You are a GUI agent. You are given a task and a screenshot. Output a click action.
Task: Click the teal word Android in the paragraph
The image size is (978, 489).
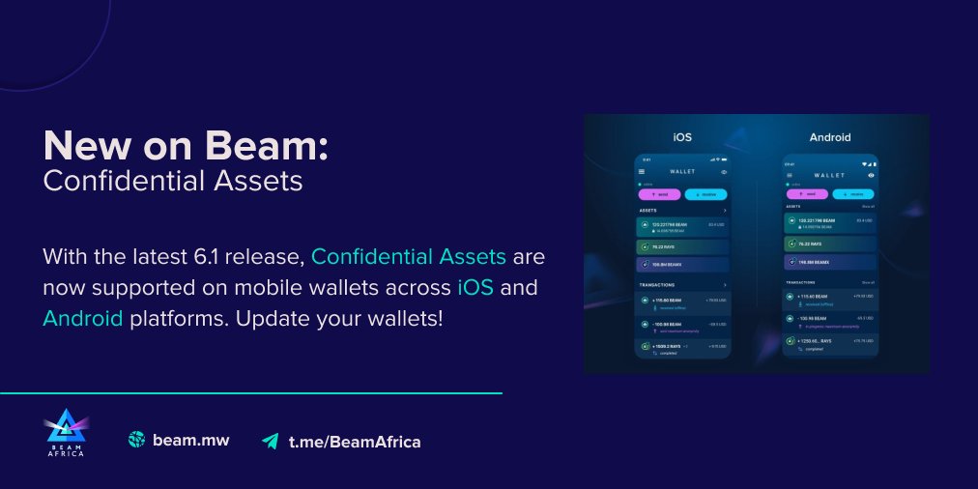pos(83,317)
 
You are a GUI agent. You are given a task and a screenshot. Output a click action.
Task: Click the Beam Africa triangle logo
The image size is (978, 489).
pos(64,432)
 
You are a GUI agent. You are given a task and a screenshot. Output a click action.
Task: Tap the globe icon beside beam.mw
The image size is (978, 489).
pos(136,440)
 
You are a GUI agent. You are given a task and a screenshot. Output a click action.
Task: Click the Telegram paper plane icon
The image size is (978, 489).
pos(270,441)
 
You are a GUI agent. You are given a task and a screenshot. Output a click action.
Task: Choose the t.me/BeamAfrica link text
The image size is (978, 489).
pos(355,442)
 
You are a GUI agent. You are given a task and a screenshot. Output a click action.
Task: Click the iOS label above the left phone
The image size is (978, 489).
pos(681,136)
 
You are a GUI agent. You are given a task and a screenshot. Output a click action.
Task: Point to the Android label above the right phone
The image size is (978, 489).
pos(829,137)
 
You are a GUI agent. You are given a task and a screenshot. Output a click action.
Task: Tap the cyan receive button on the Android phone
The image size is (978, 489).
pos(852,193)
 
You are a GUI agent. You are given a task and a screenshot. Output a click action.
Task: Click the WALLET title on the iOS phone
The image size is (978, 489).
pos(682,172)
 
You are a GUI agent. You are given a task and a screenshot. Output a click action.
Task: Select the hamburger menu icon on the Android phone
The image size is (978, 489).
pos(789,175)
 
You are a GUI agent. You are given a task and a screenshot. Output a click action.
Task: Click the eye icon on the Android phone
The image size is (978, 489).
pos(871,175)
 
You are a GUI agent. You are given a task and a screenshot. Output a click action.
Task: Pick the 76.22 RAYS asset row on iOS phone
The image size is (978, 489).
pos(682,245)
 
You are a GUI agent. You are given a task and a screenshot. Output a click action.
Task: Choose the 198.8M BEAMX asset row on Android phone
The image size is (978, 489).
pos(829,261)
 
